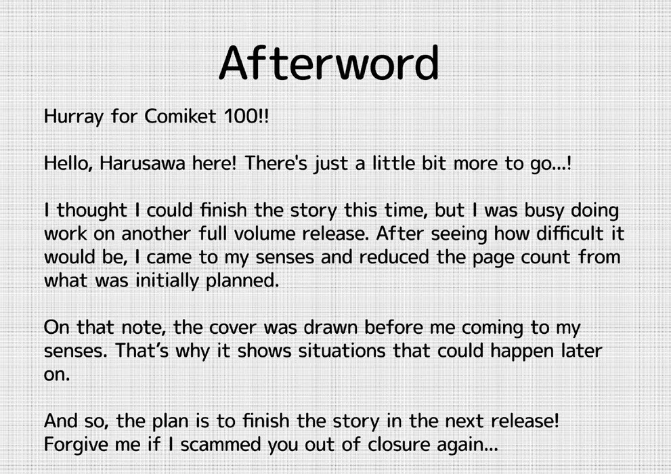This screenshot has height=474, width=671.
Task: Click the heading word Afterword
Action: point(329,63)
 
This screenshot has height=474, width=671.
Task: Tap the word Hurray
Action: point(74,116)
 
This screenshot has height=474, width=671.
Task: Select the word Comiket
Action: point(181,116)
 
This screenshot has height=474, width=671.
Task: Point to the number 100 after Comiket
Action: point(240,116)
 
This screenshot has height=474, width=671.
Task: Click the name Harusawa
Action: point(142,163)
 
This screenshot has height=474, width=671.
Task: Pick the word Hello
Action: point(68,163)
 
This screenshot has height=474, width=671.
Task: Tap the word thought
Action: point(92,210)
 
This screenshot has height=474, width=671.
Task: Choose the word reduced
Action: point(393,257)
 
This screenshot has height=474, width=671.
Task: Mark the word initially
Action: point(167,281)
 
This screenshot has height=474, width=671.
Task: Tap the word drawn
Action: point(330,327)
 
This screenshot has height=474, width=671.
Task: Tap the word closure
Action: point(398,444)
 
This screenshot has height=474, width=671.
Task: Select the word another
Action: point(156,234)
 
